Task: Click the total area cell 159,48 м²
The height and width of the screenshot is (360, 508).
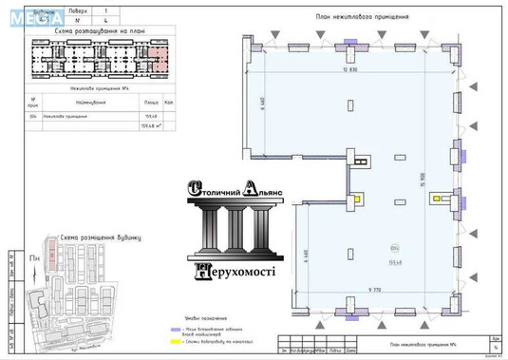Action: pyautogui.click(x=150, y=125)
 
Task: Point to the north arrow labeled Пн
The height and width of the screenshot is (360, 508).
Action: pyautogui.click(x=35, y=256)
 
